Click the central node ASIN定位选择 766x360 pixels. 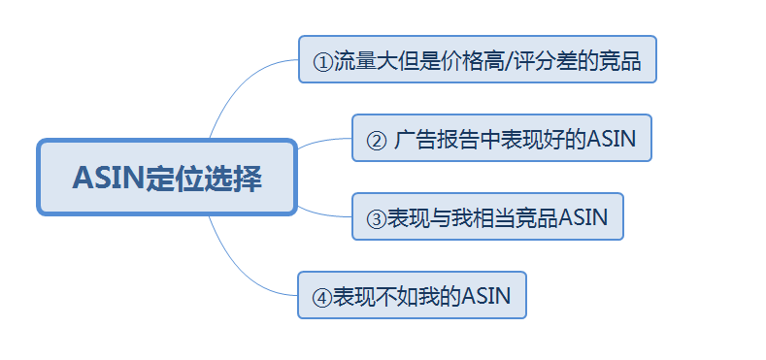pyautogui.click(x=166, y=178)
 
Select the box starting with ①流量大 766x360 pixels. pyautogui.click(x=477, y=60)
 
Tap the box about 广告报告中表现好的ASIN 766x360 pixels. pyautogui.click(x=501, y=139)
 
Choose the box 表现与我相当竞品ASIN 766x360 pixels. pyautogui.click(x=487, y=216)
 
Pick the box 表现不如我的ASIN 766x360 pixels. pyautogui.click(x=411, y=295)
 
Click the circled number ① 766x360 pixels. pyautogui.click(x=322, y=61)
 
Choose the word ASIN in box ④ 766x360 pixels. pyautogui.click(x=485, y=295)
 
